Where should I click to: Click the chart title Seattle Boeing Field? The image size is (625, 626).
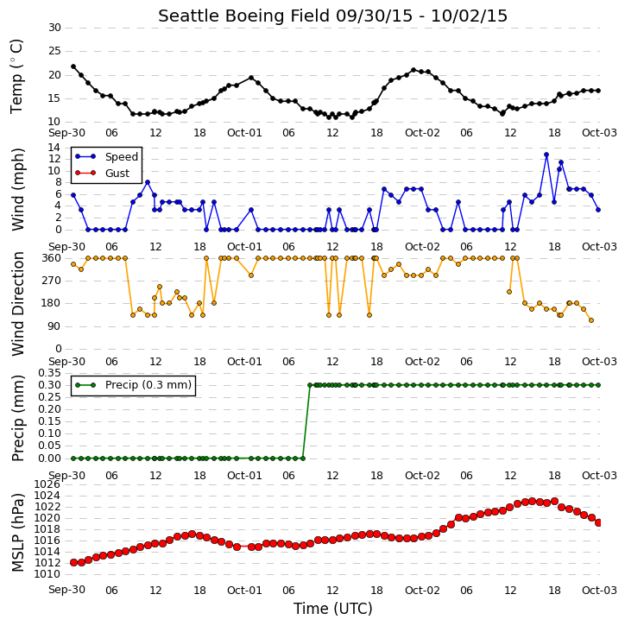243,16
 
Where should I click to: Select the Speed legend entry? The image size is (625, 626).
106,157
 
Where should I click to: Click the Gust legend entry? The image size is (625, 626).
103,173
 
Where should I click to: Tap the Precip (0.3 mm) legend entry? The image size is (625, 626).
134,385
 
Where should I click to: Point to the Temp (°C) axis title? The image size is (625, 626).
16,77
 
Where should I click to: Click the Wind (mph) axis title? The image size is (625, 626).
17,189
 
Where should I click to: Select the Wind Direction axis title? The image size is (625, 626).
17,303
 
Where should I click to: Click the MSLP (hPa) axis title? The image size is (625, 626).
17,532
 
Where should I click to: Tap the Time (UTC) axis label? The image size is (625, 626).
333,609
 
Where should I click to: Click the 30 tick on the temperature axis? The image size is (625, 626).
54,28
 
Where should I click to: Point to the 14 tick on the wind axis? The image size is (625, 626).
54,148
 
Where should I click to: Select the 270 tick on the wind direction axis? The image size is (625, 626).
52,281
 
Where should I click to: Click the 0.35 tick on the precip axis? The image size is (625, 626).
49,373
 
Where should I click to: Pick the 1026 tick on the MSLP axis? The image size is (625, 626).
47,484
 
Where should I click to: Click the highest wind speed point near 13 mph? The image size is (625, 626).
546,155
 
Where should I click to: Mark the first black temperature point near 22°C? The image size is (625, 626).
73,66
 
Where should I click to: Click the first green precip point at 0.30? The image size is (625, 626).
310,385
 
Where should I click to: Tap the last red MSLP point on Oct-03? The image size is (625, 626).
598,523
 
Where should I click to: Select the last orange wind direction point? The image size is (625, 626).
591,320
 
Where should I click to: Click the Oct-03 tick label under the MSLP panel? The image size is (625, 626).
599,590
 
